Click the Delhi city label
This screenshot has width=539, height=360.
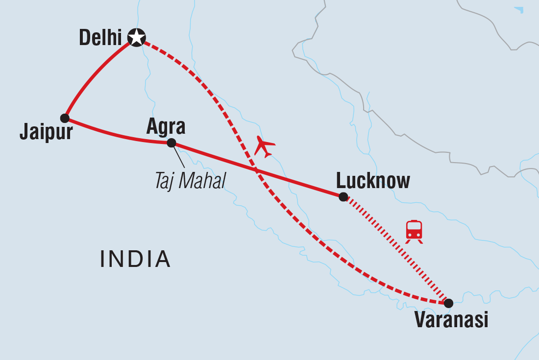(100, 38)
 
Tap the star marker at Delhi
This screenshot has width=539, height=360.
(136, 37)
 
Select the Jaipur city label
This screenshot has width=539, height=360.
(46, 132)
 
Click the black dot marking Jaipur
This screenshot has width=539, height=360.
(65, 118)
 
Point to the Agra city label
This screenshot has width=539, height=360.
(166, 127)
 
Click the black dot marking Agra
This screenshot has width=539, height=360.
(171, 143)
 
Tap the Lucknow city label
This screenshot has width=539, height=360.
(373, 181)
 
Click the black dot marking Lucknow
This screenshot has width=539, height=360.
(343, 197)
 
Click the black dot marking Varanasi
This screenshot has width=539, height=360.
(448, 303)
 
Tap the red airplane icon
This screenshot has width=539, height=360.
(265, 146)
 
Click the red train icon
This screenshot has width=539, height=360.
(414, 231)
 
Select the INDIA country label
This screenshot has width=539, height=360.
(135, 259)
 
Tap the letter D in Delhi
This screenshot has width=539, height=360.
(85, 38)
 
